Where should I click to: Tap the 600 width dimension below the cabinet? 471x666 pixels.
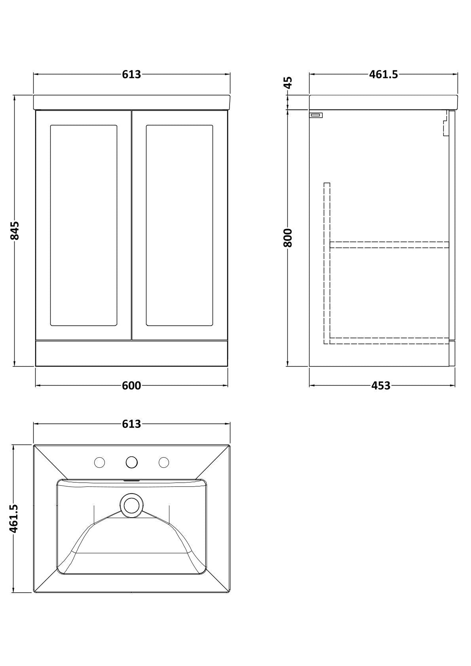pyautogui.click(x=131, y=386)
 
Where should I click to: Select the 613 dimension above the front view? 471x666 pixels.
pyautogui.click(x=131, y=74)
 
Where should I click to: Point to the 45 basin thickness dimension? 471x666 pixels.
pyautogui.click(x=288, y=83)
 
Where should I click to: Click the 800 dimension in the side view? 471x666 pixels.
pyautogui.click(x=288, y=238)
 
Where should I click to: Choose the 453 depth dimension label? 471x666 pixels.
pyautogui.click(x=381, y=386)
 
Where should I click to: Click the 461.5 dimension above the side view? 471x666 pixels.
pyautogui.click(x=384, y=74)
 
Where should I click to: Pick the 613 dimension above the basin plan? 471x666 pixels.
pyautogui.click(x=131, y=424)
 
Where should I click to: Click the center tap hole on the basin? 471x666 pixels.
pyautogui.click(x=131, y=462)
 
